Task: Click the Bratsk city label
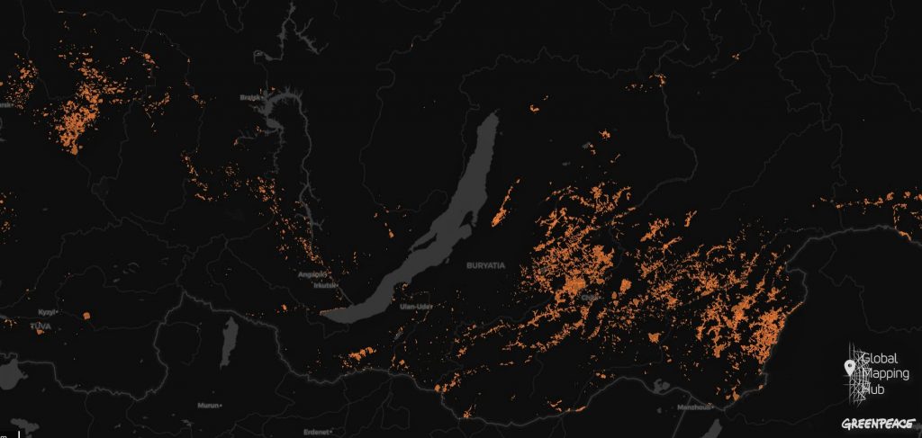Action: tap(249, 96)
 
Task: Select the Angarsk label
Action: tap(311, 274)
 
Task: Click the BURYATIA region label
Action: tap(487, 266)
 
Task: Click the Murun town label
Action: tap(208, 406)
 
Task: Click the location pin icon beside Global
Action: tap(849, 367)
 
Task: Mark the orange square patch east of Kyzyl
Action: tap(86, 316)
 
